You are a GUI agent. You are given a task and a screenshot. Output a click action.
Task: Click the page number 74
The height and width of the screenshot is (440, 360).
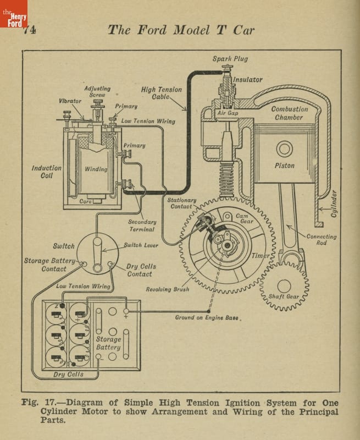pyautogui.click(x=30, y=30)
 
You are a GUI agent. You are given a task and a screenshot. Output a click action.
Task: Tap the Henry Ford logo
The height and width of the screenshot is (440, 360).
pyautogui.click(x=13, y=14)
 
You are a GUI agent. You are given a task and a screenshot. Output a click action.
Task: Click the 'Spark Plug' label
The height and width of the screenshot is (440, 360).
pyautogui.click(x=230, y=59)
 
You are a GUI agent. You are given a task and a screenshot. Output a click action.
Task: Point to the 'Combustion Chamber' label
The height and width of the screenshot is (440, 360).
pyautogui.click(x=289, y=113)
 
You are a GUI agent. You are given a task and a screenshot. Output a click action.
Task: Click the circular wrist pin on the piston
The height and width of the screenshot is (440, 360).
pyautogui.click(x=284, y=148)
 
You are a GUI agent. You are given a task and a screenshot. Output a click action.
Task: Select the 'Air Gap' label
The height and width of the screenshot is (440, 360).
pyautogui.click(x=228, y=113)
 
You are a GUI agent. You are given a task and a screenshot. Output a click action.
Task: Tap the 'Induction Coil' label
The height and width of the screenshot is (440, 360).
pyautogui.click(x=47, y=172)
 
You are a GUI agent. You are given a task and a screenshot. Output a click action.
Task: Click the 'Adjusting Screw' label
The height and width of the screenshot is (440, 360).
pyautogui.click(x=97, y=91)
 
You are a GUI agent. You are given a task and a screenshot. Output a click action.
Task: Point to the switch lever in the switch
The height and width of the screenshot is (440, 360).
pyautogui.click(x=97, y=255)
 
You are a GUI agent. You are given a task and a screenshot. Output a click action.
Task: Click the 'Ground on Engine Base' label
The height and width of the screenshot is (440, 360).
pyautogui.click(x=207, y=317)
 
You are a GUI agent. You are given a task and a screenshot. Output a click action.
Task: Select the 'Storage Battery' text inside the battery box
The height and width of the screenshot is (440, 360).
pyautogui.click(x=108, y=343)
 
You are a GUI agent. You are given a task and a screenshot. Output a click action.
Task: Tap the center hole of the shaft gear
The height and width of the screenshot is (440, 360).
pyautogui.click(x=284, y=286)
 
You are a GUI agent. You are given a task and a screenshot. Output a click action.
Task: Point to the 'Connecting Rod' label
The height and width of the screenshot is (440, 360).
pyautogui.click(x=322, y=239)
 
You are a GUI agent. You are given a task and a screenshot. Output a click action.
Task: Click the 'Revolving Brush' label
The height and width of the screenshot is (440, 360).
pyautogui.click(x=168, y=289)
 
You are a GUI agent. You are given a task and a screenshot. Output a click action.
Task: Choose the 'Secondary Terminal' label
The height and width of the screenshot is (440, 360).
pyautogui.click(x=142, y=226)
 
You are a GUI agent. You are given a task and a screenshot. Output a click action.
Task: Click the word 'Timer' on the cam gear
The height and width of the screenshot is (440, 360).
pyautogui.click(x=261, y=256)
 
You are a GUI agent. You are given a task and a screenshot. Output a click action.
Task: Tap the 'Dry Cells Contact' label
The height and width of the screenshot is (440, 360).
pyautogui.click(x=141, y=270)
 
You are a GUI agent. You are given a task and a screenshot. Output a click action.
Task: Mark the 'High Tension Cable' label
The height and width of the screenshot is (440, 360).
pyautogui.click(x=161, y=93)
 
